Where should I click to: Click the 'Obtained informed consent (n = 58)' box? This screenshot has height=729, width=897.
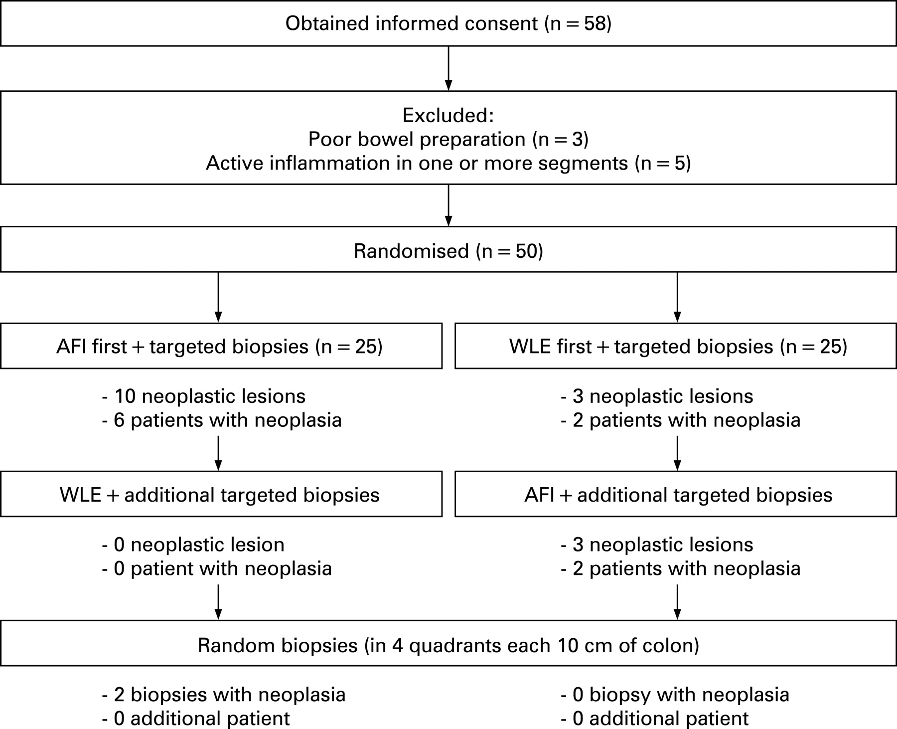pos(448,23)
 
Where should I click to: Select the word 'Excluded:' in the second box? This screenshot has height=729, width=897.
pos(448,115)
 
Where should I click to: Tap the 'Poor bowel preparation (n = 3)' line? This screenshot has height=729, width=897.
pos(448,139)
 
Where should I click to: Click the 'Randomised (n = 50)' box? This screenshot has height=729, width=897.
pos(448,249)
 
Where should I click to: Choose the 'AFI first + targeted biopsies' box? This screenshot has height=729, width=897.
pos(221,346)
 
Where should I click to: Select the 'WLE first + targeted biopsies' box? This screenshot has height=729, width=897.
pos(676,346)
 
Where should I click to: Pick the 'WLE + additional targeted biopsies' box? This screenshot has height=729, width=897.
pos(221,494)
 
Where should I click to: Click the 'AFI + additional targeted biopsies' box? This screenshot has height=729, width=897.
pos(676,494)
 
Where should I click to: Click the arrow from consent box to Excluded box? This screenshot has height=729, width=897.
pos(448,69)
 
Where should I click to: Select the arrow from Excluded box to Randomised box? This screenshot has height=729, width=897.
pos(448,205)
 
